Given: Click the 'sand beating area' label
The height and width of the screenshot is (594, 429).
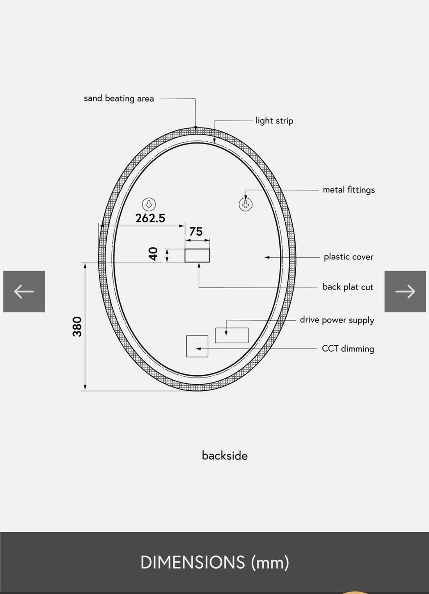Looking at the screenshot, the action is click(119, 98).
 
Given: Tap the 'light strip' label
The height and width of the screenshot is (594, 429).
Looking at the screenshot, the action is click(274, 121).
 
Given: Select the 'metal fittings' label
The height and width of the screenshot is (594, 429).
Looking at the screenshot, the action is click(349, 190).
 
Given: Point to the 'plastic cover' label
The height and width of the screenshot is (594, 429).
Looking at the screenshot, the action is click(349, 257).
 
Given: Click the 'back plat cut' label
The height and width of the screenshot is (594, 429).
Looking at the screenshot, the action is click(348, 287).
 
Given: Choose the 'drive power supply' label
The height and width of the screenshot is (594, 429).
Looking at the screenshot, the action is click(337, 320).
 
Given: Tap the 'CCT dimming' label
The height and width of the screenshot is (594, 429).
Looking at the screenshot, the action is click(348, 348).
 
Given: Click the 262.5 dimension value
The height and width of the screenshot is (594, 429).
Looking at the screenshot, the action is click(150, 218).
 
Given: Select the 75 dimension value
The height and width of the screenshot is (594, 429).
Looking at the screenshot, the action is click(196, 232).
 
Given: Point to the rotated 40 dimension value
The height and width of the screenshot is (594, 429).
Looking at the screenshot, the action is click(154, 254).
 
